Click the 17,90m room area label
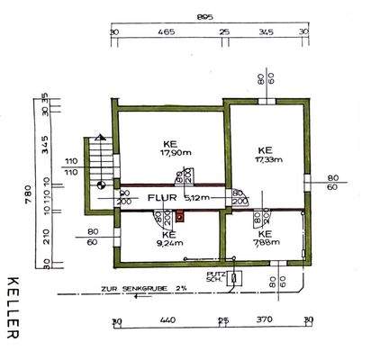168,152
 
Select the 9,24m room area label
168,242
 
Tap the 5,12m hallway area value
196,197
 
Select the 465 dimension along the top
166,32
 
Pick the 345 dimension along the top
266,32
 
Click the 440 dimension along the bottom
167,320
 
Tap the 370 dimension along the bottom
265,320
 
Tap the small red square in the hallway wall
180,216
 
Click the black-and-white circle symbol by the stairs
101,185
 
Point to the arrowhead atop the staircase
99,137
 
